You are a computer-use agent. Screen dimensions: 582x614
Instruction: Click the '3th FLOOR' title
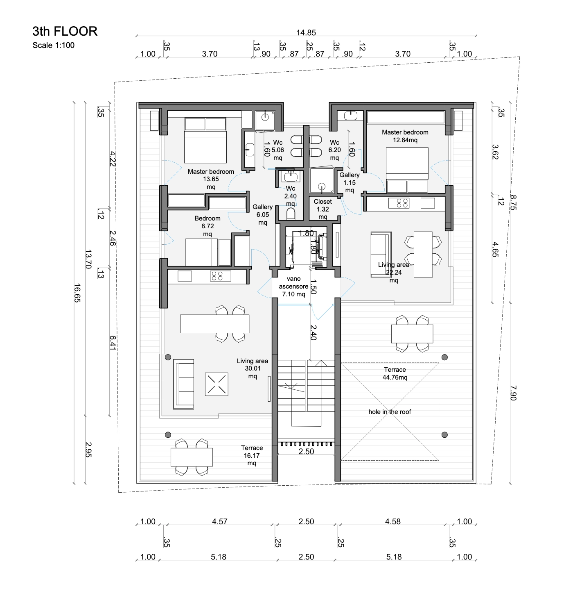pyautogui.click(x=65, y=31)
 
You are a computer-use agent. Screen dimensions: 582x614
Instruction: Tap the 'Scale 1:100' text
pyautogui.click(x=53, y=45)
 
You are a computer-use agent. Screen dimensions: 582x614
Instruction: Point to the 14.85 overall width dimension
pyautogui.click(x=306, y=32)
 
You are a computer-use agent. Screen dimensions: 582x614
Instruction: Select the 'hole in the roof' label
pyautogui.click(x=390, y=412)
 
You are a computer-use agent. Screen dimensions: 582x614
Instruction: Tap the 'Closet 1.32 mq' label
pyautogui.click(x=323, y=209)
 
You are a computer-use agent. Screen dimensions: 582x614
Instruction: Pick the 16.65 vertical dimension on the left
pyautogui.click(x=77, y=293)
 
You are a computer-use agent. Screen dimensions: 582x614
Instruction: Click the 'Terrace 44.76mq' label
pyautogui.click(x=395, y=373)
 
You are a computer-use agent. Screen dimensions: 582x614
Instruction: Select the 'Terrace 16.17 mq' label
pyautogui.click(x=252, y=455)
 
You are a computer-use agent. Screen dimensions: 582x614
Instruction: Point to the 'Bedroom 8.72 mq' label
pyautogui.click(x=208, y=226)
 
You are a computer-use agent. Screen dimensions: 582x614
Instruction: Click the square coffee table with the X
pyautogui.click(x=217, y=384)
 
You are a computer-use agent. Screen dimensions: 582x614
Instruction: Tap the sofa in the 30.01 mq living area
pyautogui.click(x=183, y=384)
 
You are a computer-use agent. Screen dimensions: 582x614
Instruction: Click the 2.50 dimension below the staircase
pyautogui.click(x=306, y=451)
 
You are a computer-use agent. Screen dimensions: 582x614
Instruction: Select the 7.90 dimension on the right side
pyautogui.click(x=513, y=393)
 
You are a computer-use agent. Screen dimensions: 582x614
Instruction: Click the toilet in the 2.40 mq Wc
pyautogui.click(x=290, y=214)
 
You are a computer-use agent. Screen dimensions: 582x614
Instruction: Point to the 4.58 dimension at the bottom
pyautogui.click(x=393, y=521)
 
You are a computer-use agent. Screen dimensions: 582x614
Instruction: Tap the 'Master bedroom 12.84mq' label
pyautogui.click(x=405, y=136)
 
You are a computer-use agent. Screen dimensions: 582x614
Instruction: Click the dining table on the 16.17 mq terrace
pyautogui.click(x=192, y=457)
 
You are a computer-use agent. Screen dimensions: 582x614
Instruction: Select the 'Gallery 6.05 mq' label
pyautogui.click(x=263, y=214)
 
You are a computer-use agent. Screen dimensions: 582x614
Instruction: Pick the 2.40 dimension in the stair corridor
pyautogui.click(x=314, y=332)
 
